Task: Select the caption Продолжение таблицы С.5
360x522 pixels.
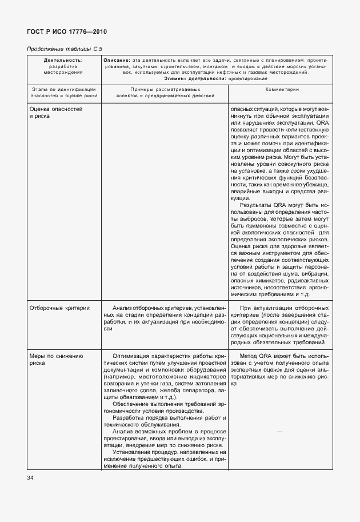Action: point(61,50)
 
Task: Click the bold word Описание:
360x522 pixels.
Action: point(117,60)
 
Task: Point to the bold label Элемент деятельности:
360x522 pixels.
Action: point(194,78)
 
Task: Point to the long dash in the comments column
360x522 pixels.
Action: point(279,432)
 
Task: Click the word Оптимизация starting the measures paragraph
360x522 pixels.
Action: point(133,356)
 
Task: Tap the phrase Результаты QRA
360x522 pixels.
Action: point(262,204)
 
